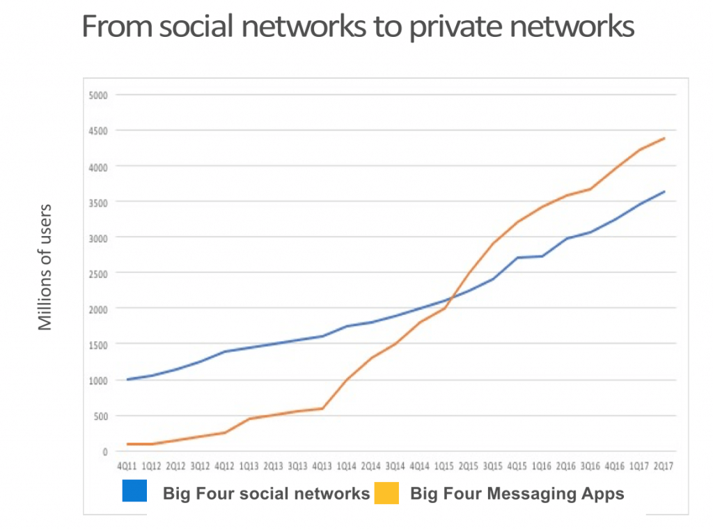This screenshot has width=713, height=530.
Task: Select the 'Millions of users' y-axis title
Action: pos(46,267)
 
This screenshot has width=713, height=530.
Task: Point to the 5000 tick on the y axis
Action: pos(98,95)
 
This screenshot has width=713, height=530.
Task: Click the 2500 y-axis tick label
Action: pos(98,273)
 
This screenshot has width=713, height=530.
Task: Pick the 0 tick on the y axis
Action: pos(105,452)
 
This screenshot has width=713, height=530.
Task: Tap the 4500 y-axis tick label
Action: pos(98,130)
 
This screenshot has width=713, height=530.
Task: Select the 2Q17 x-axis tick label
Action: pos(664,465)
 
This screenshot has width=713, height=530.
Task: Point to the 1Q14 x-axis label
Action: pos(347,465)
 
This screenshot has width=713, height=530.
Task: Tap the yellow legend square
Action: pos(387,492)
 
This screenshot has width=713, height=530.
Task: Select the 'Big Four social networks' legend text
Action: pos(266,494)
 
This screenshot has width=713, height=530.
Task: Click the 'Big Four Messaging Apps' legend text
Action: pos(517,494)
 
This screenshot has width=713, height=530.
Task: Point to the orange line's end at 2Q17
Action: pos(664,138)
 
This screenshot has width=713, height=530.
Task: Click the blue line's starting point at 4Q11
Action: pos(127,380)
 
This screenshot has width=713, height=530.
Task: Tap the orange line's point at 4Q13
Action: pos(322,408)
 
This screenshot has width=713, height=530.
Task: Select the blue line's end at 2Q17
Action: pos(664,192)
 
